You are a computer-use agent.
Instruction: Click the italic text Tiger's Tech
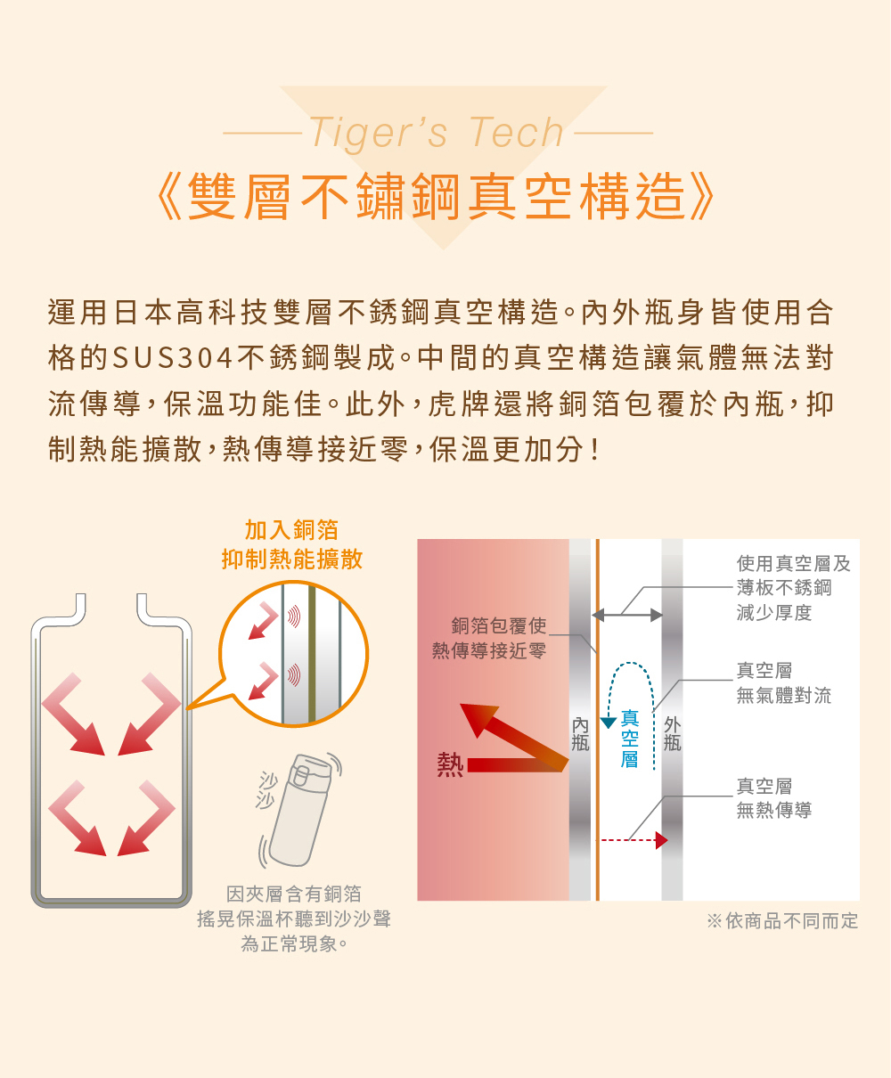[x=437, y=133]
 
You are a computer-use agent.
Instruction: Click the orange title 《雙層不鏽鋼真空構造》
[x=436, y=197]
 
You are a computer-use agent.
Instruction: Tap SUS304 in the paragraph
[x=173, y=358]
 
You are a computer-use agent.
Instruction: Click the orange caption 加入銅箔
[x=291, y=530]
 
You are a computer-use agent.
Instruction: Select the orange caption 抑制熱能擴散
[x=292, y=559]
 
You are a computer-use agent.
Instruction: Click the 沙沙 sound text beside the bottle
[x=266, y=790]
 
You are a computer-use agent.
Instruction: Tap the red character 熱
[x=451, y=764]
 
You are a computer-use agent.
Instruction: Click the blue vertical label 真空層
[x=630, y=739]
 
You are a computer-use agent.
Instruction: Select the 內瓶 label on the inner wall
[x=580, y=734]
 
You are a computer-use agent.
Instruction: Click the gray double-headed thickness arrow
[x=627, y=615]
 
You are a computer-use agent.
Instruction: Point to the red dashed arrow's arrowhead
[x=661, y=840]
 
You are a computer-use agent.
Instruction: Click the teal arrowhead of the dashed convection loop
[x=609, y=723]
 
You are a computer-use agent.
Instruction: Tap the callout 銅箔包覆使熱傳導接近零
[x=489, y=638]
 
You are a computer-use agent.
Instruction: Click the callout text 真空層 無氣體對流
[x=783, y=682]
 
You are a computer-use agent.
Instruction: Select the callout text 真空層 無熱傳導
[x=773, y=798]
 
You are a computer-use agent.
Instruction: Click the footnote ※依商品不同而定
[x=782, y=920]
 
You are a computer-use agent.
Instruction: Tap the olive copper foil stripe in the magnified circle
[x=312, y=654]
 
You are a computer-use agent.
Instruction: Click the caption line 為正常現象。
[x=294, y=944]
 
